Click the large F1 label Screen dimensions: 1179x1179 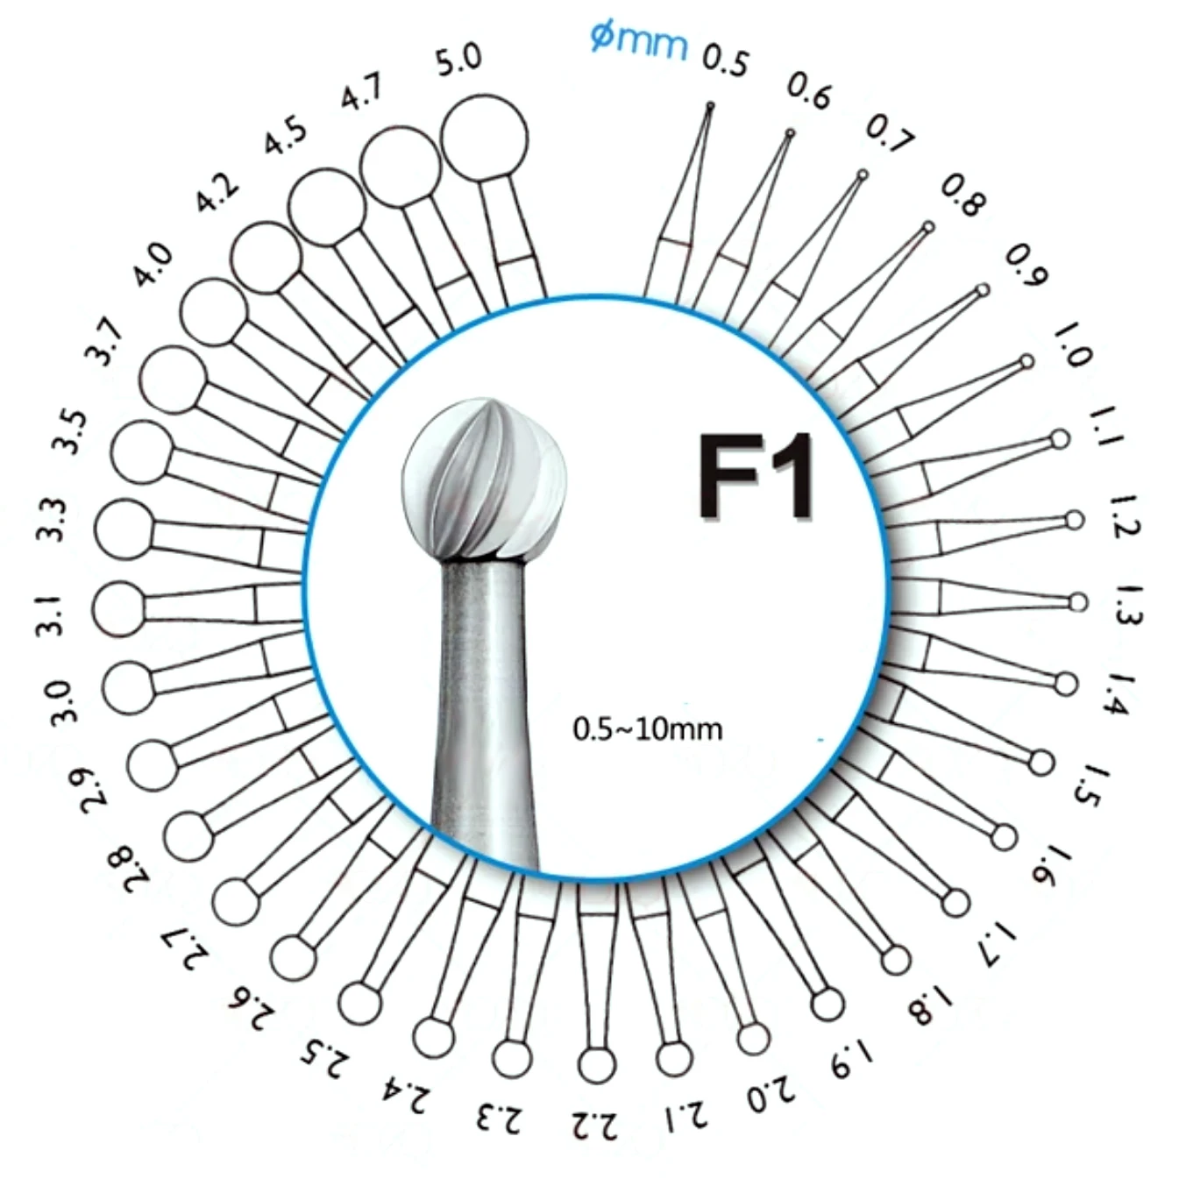point(756,478)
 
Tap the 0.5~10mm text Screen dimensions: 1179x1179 point(647,728)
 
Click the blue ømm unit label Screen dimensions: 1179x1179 point(638,39)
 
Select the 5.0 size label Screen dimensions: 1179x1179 point(459,60)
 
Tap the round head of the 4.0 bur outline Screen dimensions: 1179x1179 point(214,313)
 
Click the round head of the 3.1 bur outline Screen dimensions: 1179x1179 point(117,608)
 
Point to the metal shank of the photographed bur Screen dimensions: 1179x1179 point(484,701)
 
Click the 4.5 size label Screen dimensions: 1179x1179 point(287,136)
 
